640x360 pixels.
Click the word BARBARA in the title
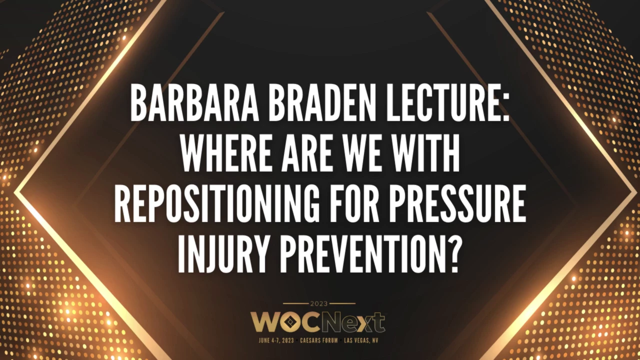(x=194, y=103)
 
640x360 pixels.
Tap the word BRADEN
(x=321, y=103)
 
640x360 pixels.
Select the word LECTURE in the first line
(x=441, y=103)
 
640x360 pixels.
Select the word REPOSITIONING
(x=217, y=203)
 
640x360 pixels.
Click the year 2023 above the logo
(x=319, y=303)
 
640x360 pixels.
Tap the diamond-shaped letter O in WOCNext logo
(x=289, y=322)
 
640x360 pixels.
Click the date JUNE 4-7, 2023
(x=276, y=340)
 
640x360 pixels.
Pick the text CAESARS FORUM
(x=319, y=340)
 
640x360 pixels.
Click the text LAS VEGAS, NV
(x=361, y=340)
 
